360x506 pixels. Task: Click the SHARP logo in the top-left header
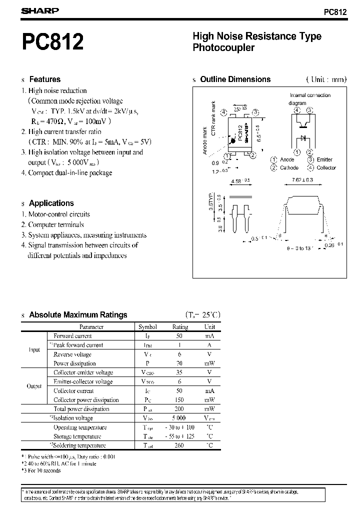40,10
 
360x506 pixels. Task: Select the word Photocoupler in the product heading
223,48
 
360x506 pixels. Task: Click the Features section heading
44,79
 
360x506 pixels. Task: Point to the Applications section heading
51,203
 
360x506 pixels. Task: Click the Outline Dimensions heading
235,79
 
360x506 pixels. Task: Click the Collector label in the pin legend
326,167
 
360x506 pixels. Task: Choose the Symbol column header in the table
147,327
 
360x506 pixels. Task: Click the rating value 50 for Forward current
179,336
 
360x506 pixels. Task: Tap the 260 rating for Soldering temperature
179,445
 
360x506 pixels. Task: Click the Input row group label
33,349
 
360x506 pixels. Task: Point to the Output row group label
34,386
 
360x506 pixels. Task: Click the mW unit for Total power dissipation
209,409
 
